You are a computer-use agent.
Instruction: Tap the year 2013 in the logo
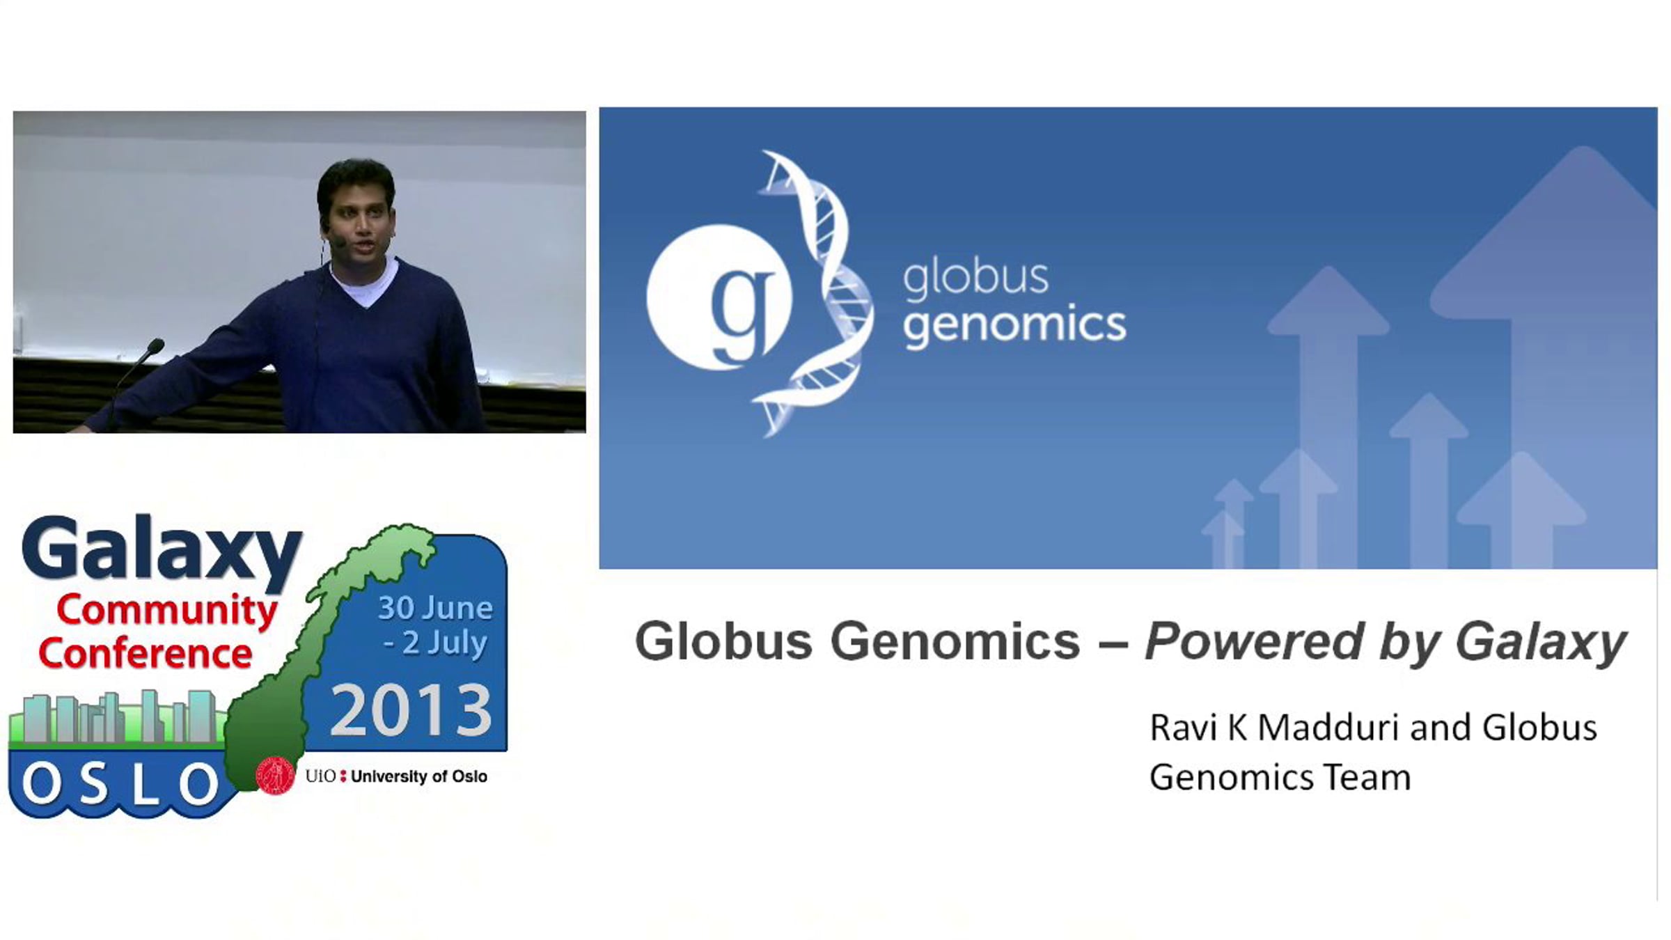point(411,710)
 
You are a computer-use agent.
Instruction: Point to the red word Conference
point(145,653)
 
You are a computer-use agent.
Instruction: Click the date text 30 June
point(435,608)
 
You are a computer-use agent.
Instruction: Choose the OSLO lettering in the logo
point(120,784)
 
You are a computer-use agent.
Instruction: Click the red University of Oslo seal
point(276,776)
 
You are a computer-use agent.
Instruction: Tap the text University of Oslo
point(418,776)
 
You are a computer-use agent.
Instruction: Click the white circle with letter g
point(719,297)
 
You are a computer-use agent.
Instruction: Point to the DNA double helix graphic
point(815,292)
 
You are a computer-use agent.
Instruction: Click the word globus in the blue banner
point(975,279)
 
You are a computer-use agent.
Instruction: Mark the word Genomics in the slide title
point(955,641)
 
